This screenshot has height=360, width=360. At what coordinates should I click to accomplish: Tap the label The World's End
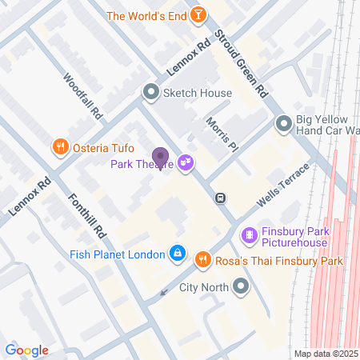pos(147,15)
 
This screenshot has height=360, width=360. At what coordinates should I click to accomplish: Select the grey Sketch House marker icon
pos(150,93)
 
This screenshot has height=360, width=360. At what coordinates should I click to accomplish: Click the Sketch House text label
pos(197,93)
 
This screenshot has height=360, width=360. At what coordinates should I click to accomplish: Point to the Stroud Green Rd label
pos(241,65)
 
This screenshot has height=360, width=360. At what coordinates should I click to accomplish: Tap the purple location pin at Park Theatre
pos(160,158)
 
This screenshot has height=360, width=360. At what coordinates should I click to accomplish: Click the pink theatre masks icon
pos(186,162)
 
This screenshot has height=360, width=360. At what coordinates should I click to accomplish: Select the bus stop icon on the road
pos(221,198)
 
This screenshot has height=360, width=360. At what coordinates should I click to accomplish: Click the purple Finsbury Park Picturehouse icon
pos(250,235)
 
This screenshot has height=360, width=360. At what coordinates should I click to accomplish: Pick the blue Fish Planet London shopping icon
pos(178,255)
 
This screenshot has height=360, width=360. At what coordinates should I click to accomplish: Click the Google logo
pos(26,350)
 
